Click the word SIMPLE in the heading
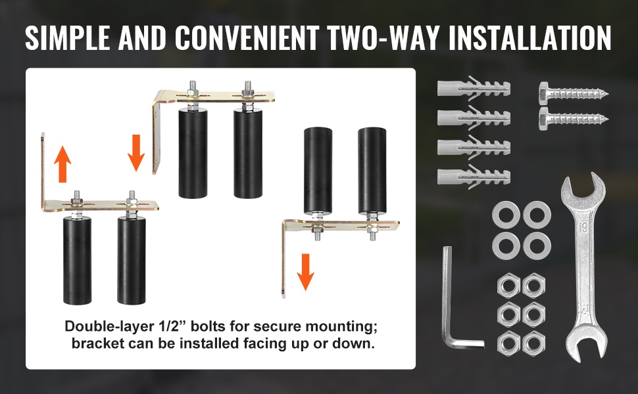coord(67,38)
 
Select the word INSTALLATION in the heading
coord(529,38)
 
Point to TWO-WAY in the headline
coord(384,38)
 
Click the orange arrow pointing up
coord(62,164)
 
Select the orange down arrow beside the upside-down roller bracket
coord(305,272)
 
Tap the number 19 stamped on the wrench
coord(583,227)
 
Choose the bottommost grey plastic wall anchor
coord(474,177)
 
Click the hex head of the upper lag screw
coord(545,92)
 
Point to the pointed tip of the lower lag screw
coord(608,120)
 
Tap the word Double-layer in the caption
coord(109,326)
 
